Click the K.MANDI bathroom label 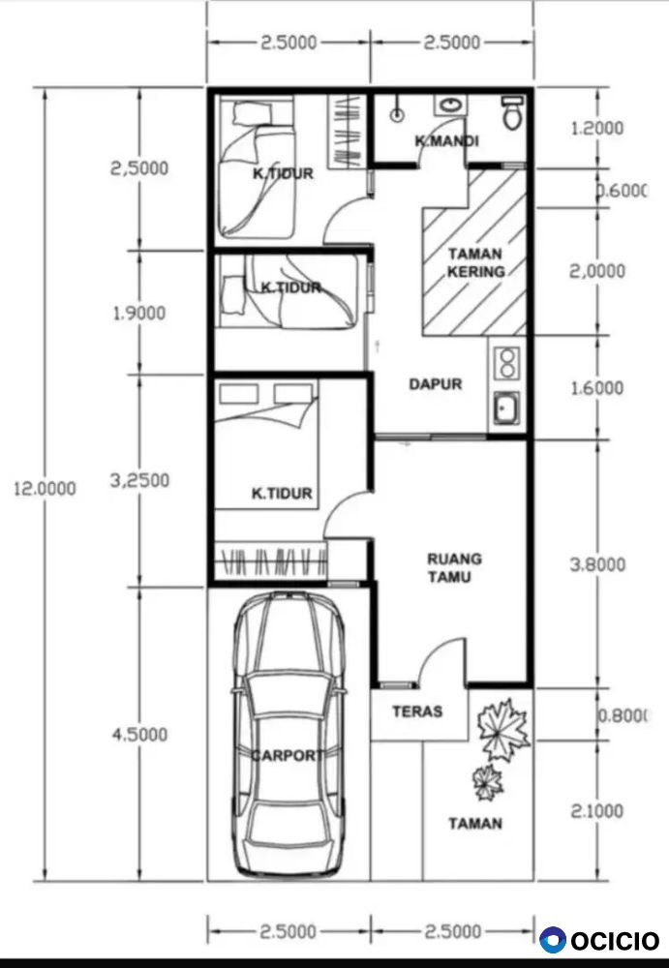point(446,141)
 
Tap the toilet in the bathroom point(512,112)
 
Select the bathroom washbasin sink point(449,105)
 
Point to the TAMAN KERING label point(475,262)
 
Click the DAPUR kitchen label point(436,384)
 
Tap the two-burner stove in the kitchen point(507,363)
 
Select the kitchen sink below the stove point(506,408)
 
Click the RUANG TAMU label point(455,568)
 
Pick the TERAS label point(417,711)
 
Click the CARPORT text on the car point(288,755)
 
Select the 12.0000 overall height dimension point(45,489)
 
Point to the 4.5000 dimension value point(139,735)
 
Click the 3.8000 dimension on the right point(597,565)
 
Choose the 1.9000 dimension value point(139,313)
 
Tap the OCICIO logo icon point(552,940)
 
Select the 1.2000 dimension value point(597,129)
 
